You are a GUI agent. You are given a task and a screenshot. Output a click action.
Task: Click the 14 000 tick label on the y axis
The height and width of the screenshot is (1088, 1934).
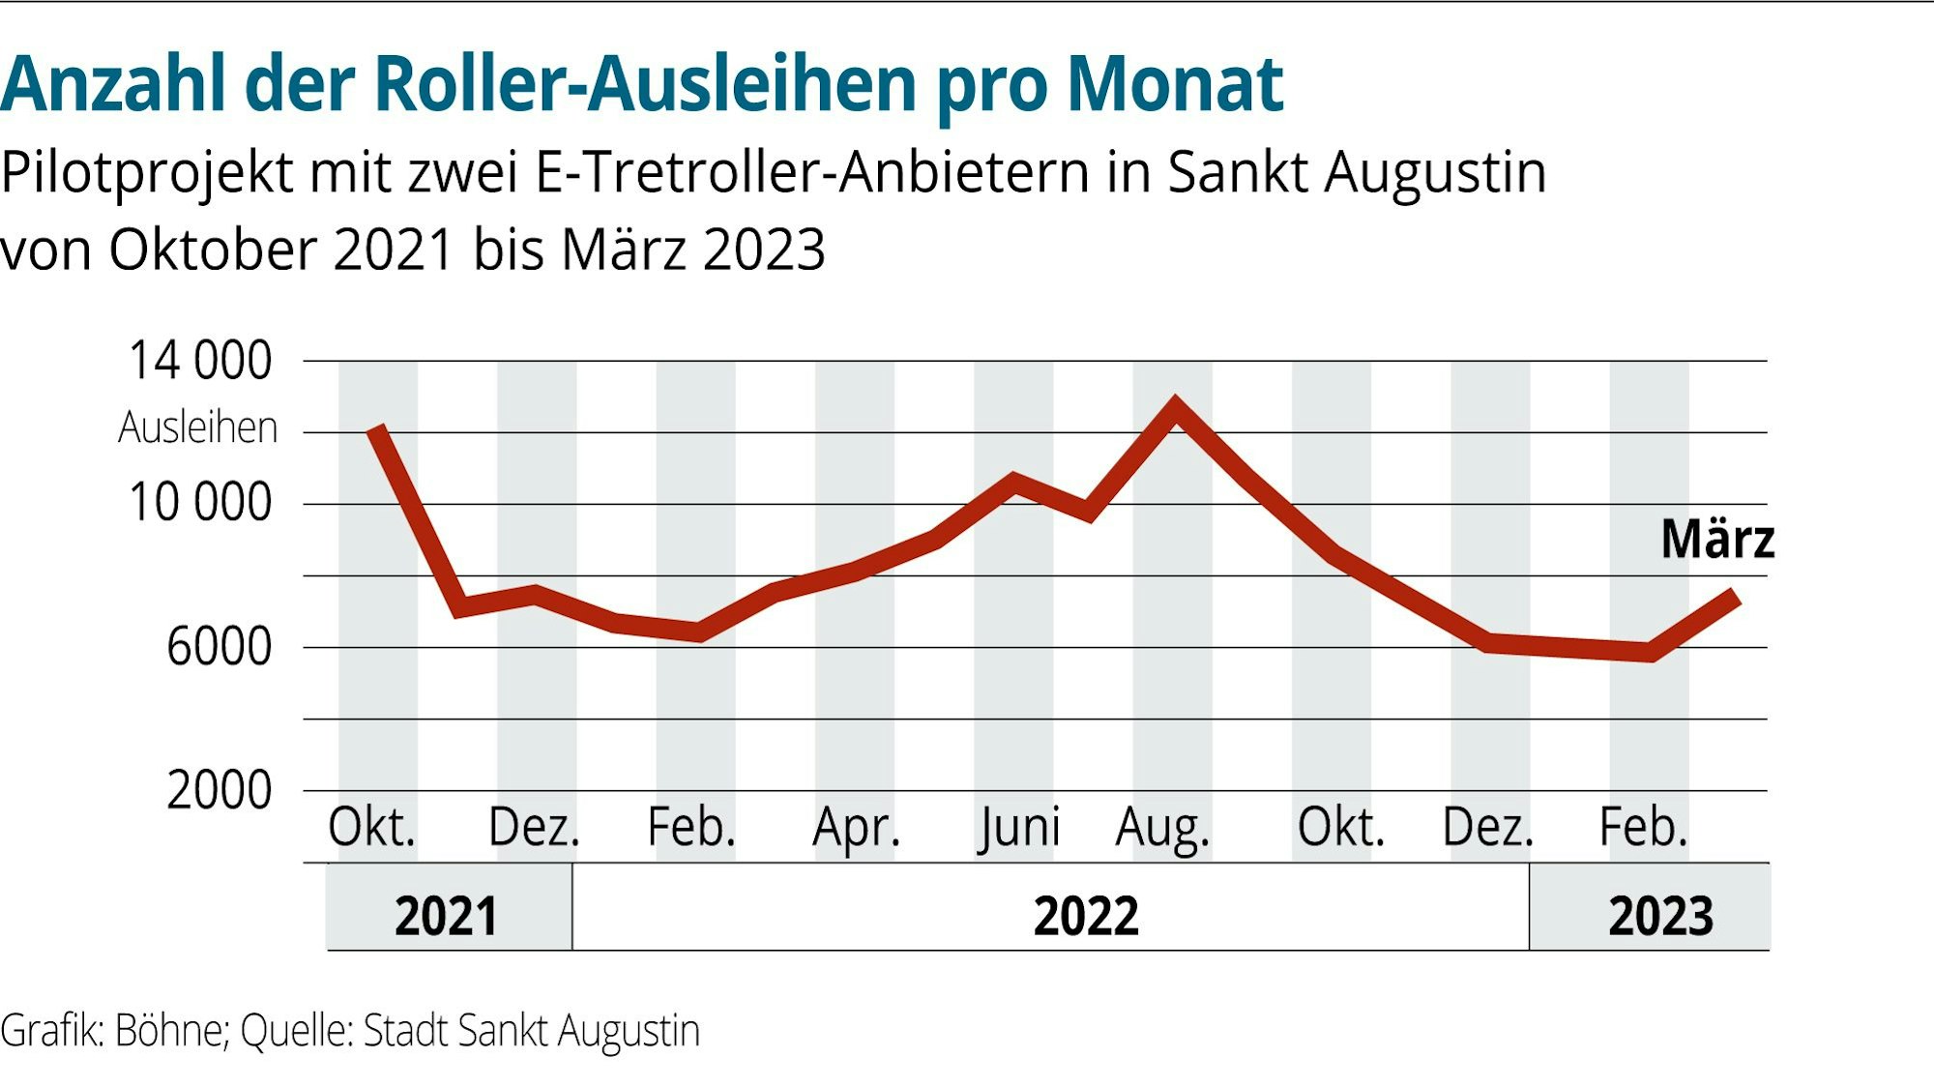click(x=199, y=361)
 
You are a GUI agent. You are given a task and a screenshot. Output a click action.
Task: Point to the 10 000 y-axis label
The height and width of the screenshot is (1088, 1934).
click(x=199, y=503)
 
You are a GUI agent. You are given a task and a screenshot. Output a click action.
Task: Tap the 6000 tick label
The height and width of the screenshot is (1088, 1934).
click(x=219, y=646)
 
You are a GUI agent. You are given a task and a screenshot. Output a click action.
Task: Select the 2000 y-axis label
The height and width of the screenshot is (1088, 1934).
click(x=219, y=790)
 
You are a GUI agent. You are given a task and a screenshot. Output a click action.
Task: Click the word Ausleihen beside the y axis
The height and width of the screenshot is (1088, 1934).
click(x=197, y=427)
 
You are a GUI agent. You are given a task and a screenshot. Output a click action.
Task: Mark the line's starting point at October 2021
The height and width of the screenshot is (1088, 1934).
click(x=377, y=429)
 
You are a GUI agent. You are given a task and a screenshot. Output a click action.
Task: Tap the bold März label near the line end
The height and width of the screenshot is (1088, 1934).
click(x=1717, y=539)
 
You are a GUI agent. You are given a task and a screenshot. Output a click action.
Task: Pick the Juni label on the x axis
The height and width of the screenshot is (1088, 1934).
click(x=1018, y=828)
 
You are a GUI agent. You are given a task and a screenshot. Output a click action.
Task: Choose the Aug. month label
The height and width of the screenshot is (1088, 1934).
click(x=1161, y=828)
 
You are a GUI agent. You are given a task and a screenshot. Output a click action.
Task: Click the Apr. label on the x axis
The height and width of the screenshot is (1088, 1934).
click(x=856, y=828)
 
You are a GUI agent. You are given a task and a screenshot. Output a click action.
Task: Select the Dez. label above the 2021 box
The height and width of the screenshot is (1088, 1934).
click(x=533, y=828)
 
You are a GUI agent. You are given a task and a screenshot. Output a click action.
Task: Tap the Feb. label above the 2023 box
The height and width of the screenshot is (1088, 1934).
click(x=1643, y=828)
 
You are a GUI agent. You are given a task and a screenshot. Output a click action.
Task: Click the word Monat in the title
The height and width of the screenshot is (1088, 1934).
click(x=1174, y=85)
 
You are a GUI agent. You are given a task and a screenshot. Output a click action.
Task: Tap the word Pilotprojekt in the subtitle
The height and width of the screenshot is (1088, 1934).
click(x=146, y=174)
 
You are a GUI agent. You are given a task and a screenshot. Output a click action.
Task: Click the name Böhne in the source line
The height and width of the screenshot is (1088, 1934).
click(x=170, y=1031)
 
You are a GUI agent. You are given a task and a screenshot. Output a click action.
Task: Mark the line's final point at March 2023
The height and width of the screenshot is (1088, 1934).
click(x=1736, y=596)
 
